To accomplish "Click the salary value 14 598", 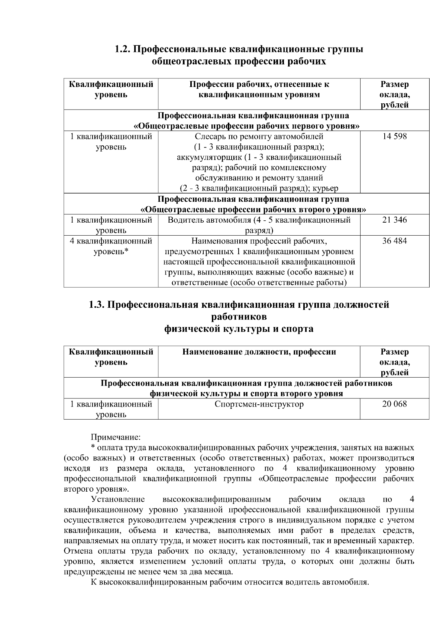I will pos(394,136).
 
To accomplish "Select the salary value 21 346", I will pos(394,220).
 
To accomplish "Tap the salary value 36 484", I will pos(394,241).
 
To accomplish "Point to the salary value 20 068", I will pos(394,404).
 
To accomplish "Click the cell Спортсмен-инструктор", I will pos(259,404).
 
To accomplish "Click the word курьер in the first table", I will pos(325,189).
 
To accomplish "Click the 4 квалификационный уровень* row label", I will pos(111,246).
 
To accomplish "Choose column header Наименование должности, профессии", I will pos(259,352).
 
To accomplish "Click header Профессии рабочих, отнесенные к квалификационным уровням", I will pos(259,89).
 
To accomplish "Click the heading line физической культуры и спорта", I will pos(239,329).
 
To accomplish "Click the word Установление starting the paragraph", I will pos(118,499).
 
